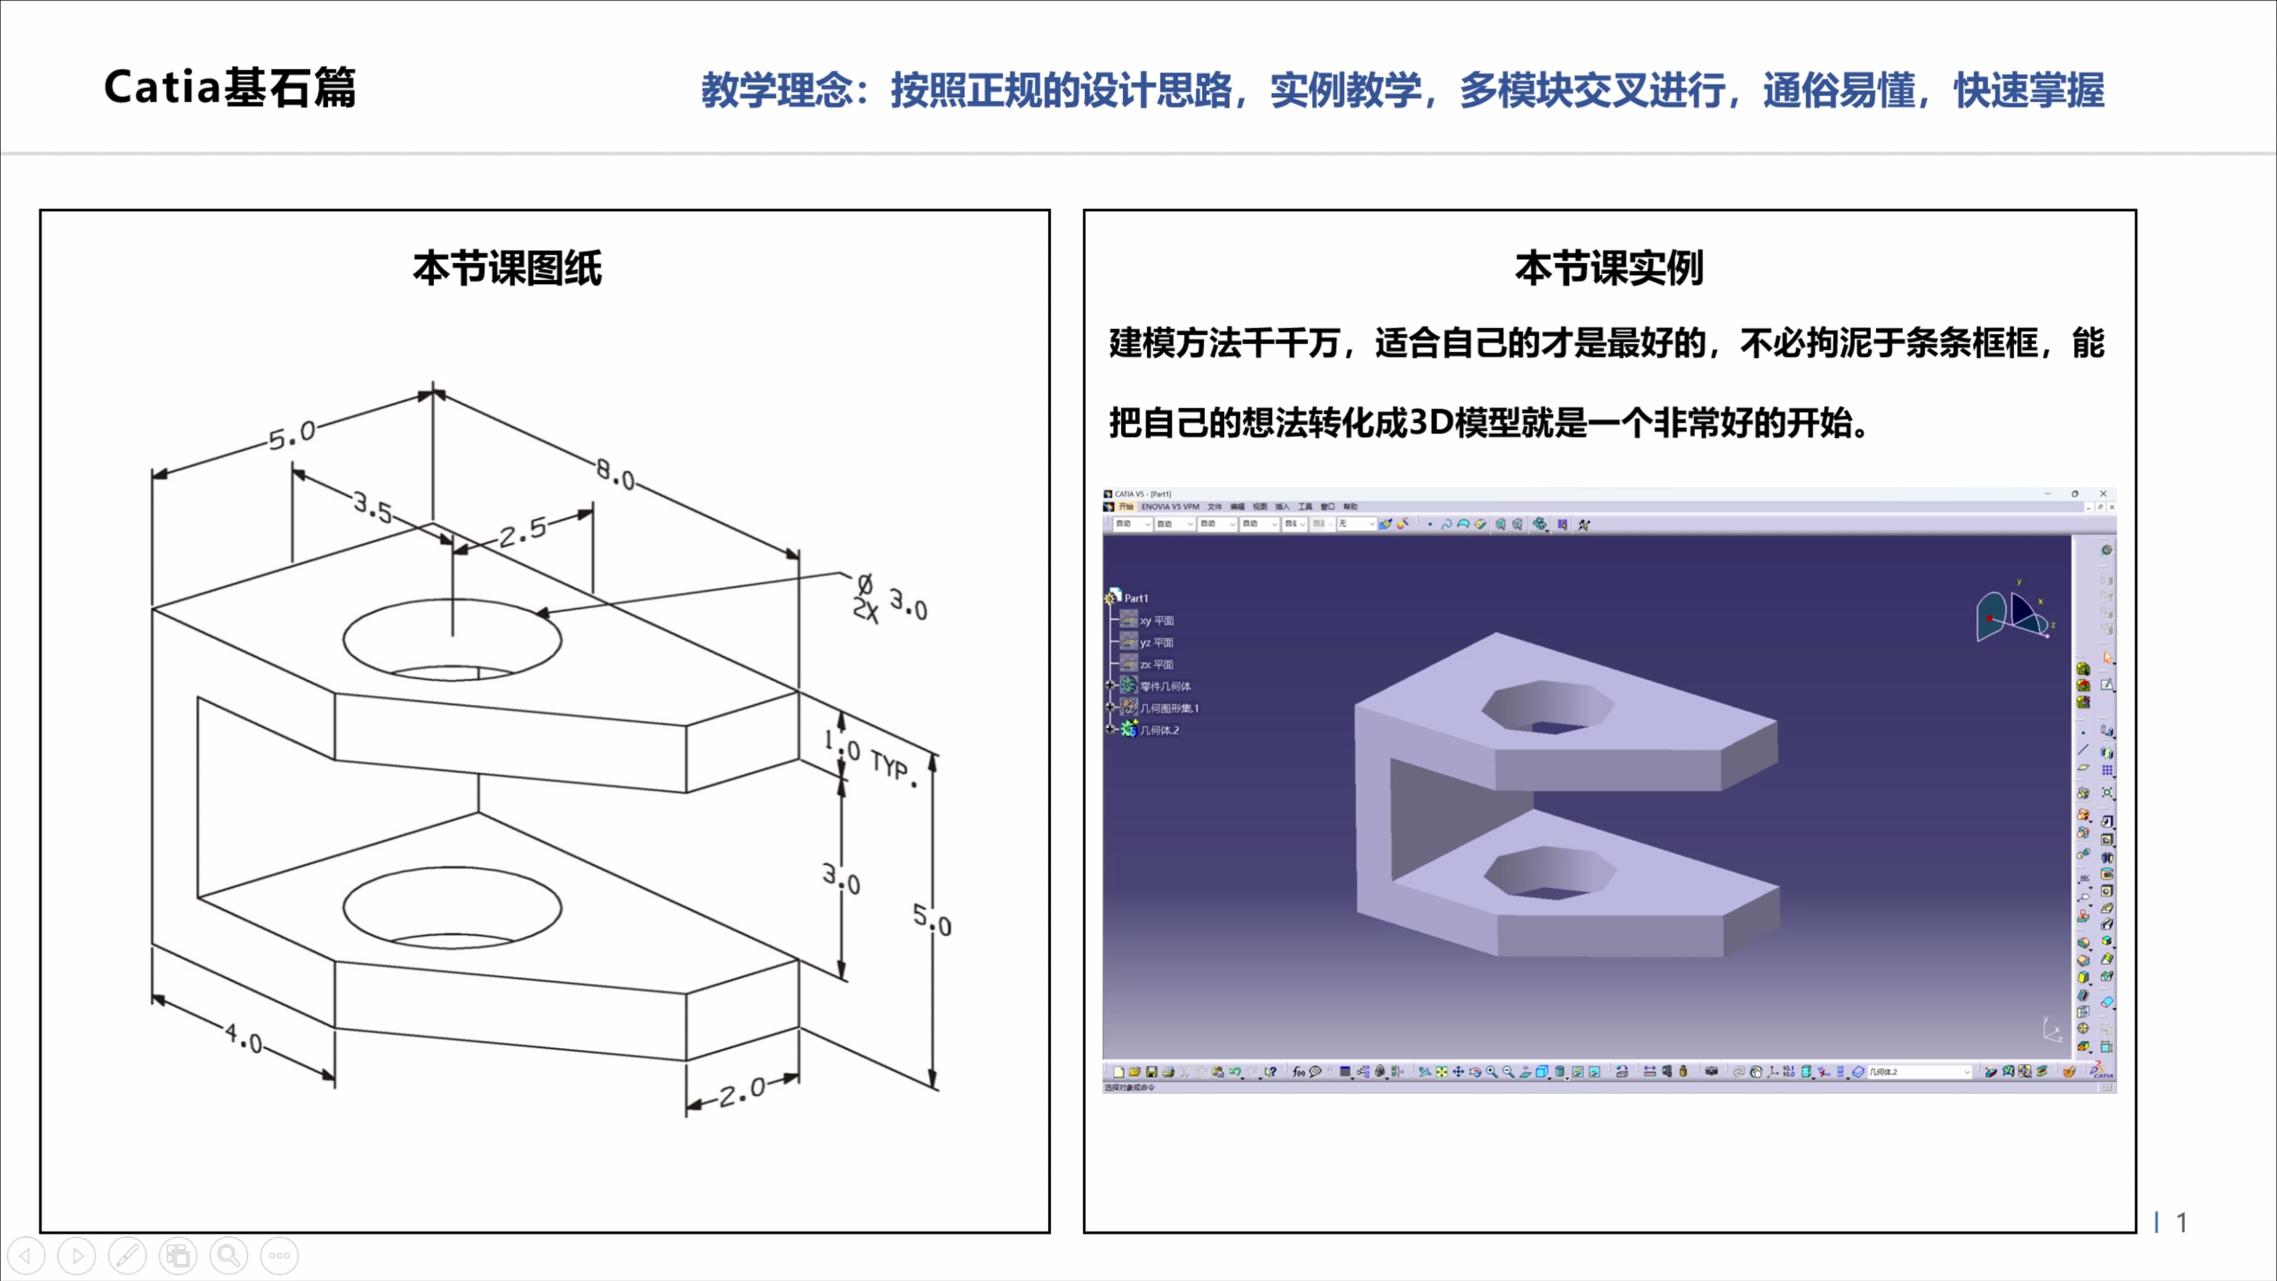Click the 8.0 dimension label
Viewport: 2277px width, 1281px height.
click(x=616, y=474)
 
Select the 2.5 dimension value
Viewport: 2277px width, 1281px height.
click(x=523, y=531)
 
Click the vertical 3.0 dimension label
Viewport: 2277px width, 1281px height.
click(x=841, y=879)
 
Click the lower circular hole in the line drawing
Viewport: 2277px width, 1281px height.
click(x=452, y=907)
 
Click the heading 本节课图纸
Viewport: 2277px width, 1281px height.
click(x=508, y=268)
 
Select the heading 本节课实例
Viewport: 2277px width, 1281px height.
click(x=1609, y=268)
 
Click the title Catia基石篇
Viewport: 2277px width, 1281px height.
click(x=230, y=88)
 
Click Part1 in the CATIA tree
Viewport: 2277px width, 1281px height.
click(x=1136, y=598)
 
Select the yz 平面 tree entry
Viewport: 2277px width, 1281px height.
click(x=1155, y=643)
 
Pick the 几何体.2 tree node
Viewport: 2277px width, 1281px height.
click(x=1158, y=730)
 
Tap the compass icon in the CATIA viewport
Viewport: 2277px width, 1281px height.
click(x=2014, y=613)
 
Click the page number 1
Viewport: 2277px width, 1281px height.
click(x=2182, y=1223)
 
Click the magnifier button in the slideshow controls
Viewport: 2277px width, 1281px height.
click(x=229, y=1255)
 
